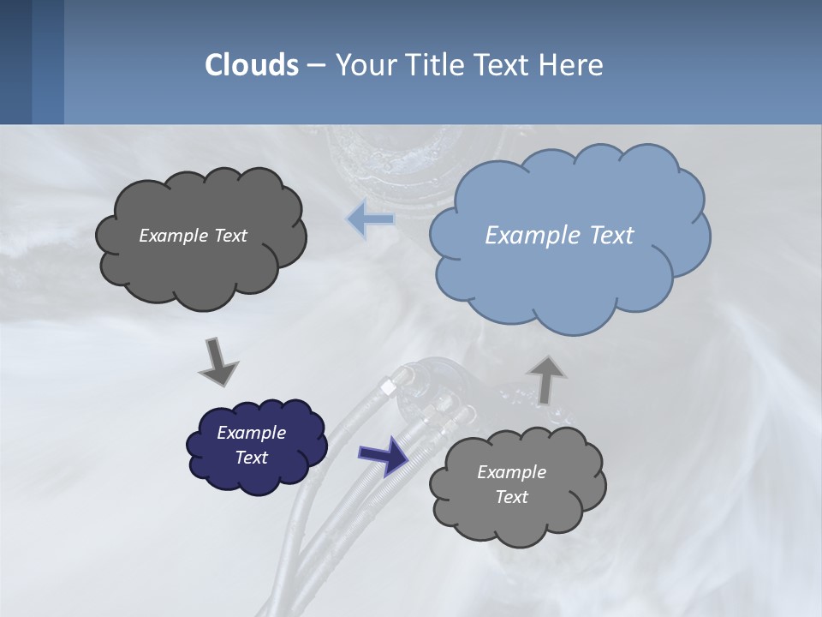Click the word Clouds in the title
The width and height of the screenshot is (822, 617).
click(x=252, y=64)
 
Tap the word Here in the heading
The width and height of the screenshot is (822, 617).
click(x=573, y=64)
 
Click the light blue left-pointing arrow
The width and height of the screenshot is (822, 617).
click(x=371, y=219)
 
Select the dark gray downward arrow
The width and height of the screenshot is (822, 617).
click(x=218, y=362)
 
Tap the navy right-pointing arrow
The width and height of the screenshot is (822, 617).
click(x=384, y=455)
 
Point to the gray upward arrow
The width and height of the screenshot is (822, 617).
click(x=546, y=379)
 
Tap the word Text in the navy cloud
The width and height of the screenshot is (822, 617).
click(x=251, y=458)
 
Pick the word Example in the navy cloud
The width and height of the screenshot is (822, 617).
click(x=251, y=433)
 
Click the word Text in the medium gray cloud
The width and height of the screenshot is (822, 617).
click(x=511, y=497)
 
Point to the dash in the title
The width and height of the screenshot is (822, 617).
click(x=315, y=64)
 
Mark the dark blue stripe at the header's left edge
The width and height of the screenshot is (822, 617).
click(x=15, y=62)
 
